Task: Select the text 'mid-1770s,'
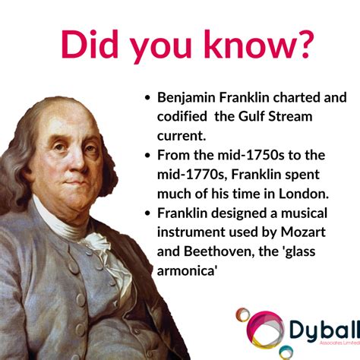tap(191, 175)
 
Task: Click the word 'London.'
tap(304, 194)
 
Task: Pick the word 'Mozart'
tap(303, 232)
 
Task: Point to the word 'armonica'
tap(186, 271)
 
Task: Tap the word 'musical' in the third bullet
tap(304, 213)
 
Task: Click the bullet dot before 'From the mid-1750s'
tap(147, 156)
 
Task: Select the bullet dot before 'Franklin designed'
tap(147, 213)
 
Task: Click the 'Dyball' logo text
tap(324, 330)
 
